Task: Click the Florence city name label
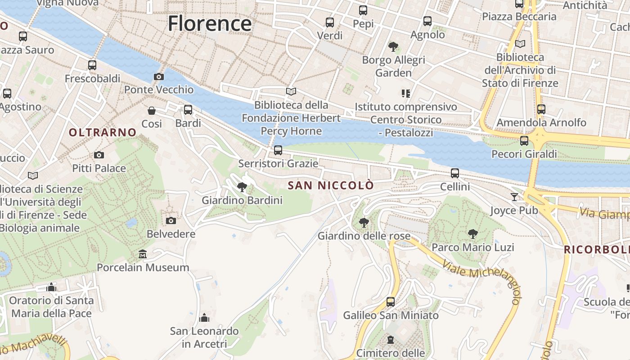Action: pyautogui.click(x=210, y=23)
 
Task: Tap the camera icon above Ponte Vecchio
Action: pyautogui.click(x=158, y=77)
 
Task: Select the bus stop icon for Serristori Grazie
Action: pyautogui.click(x=278, y=150)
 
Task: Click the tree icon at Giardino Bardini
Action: pyautogui.click(x=242, y=187)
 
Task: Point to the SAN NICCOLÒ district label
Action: pyautogui.click(x=331, y=185)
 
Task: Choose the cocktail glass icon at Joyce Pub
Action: pyautogui.click(x=514, y=197)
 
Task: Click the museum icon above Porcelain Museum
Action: pyautogui.click(x=143, y=254)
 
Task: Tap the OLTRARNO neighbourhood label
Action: pyautogui.click(x=103, y=132)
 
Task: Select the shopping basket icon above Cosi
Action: pyautogui.click(x=152, y=111)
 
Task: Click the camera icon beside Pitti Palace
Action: pyautogui.click(x=99, y=155)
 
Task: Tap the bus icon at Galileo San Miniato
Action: pyautogui.click(x=391, y=302)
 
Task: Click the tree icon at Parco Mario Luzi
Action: pyautogui.click(x=472, y=234)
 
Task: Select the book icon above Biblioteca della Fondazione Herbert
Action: pyautogui.click(x=291, y=92)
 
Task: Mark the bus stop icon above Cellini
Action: pyautogui.click(x=455, y=173)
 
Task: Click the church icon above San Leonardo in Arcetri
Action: pyautogui.click(x=204, y=318)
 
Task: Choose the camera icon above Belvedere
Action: pyautogui.click(x=171, y=220)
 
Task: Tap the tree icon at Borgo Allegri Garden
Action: pyautogui.click(x=393, y=46)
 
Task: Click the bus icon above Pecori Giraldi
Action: pyautogui.click(x=524, y=141)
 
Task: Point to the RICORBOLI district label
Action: pyautogui.click(x=597, y=249)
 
